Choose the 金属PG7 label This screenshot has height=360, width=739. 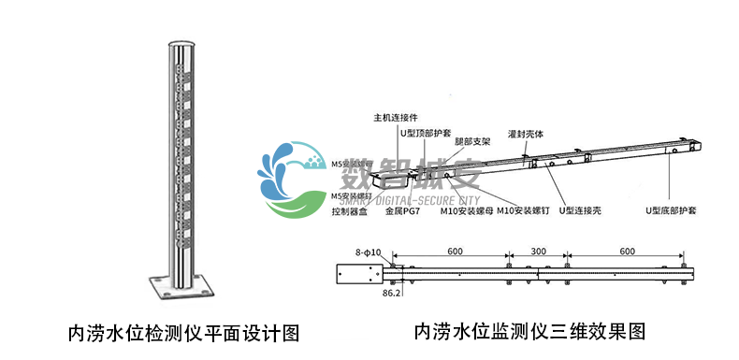[401, 212]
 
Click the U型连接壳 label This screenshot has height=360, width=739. [579, 211]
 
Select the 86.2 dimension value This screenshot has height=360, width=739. [392, 293]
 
